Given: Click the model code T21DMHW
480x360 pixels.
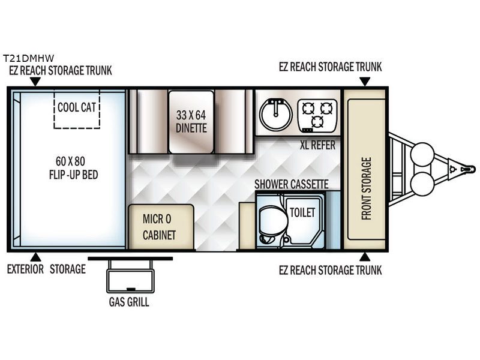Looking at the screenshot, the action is pos(28,58).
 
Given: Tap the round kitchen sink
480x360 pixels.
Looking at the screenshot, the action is pos(276,115).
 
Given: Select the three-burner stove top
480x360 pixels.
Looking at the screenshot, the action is pos(317,116).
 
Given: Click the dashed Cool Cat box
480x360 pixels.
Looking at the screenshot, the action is pos(77,109).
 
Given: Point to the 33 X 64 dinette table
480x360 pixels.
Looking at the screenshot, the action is pos(191,122).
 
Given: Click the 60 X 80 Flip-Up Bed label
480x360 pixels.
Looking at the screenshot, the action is pos(73,168).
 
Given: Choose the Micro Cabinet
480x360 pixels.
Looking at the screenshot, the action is pos(161,227).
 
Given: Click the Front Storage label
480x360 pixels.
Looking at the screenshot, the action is pos(366,188).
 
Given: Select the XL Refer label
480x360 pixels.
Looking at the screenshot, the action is pos(317,145).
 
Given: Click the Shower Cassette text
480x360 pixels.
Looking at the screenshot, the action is pos(292,184).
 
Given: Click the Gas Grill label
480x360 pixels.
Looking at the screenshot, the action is pos(129,302).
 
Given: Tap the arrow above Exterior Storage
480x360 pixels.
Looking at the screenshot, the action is pos(35,257).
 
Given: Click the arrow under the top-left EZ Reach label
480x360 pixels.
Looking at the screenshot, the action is pos(35,82).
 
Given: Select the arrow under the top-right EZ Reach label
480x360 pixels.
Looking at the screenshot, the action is pos(365,82).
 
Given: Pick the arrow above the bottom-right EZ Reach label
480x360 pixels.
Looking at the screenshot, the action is pos(365,257).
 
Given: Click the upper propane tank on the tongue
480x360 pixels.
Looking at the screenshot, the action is pos(422,154).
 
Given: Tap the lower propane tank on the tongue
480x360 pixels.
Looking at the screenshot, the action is pos(422,184).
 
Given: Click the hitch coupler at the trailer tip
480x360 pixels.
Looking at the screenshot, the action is pos(468,169).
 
